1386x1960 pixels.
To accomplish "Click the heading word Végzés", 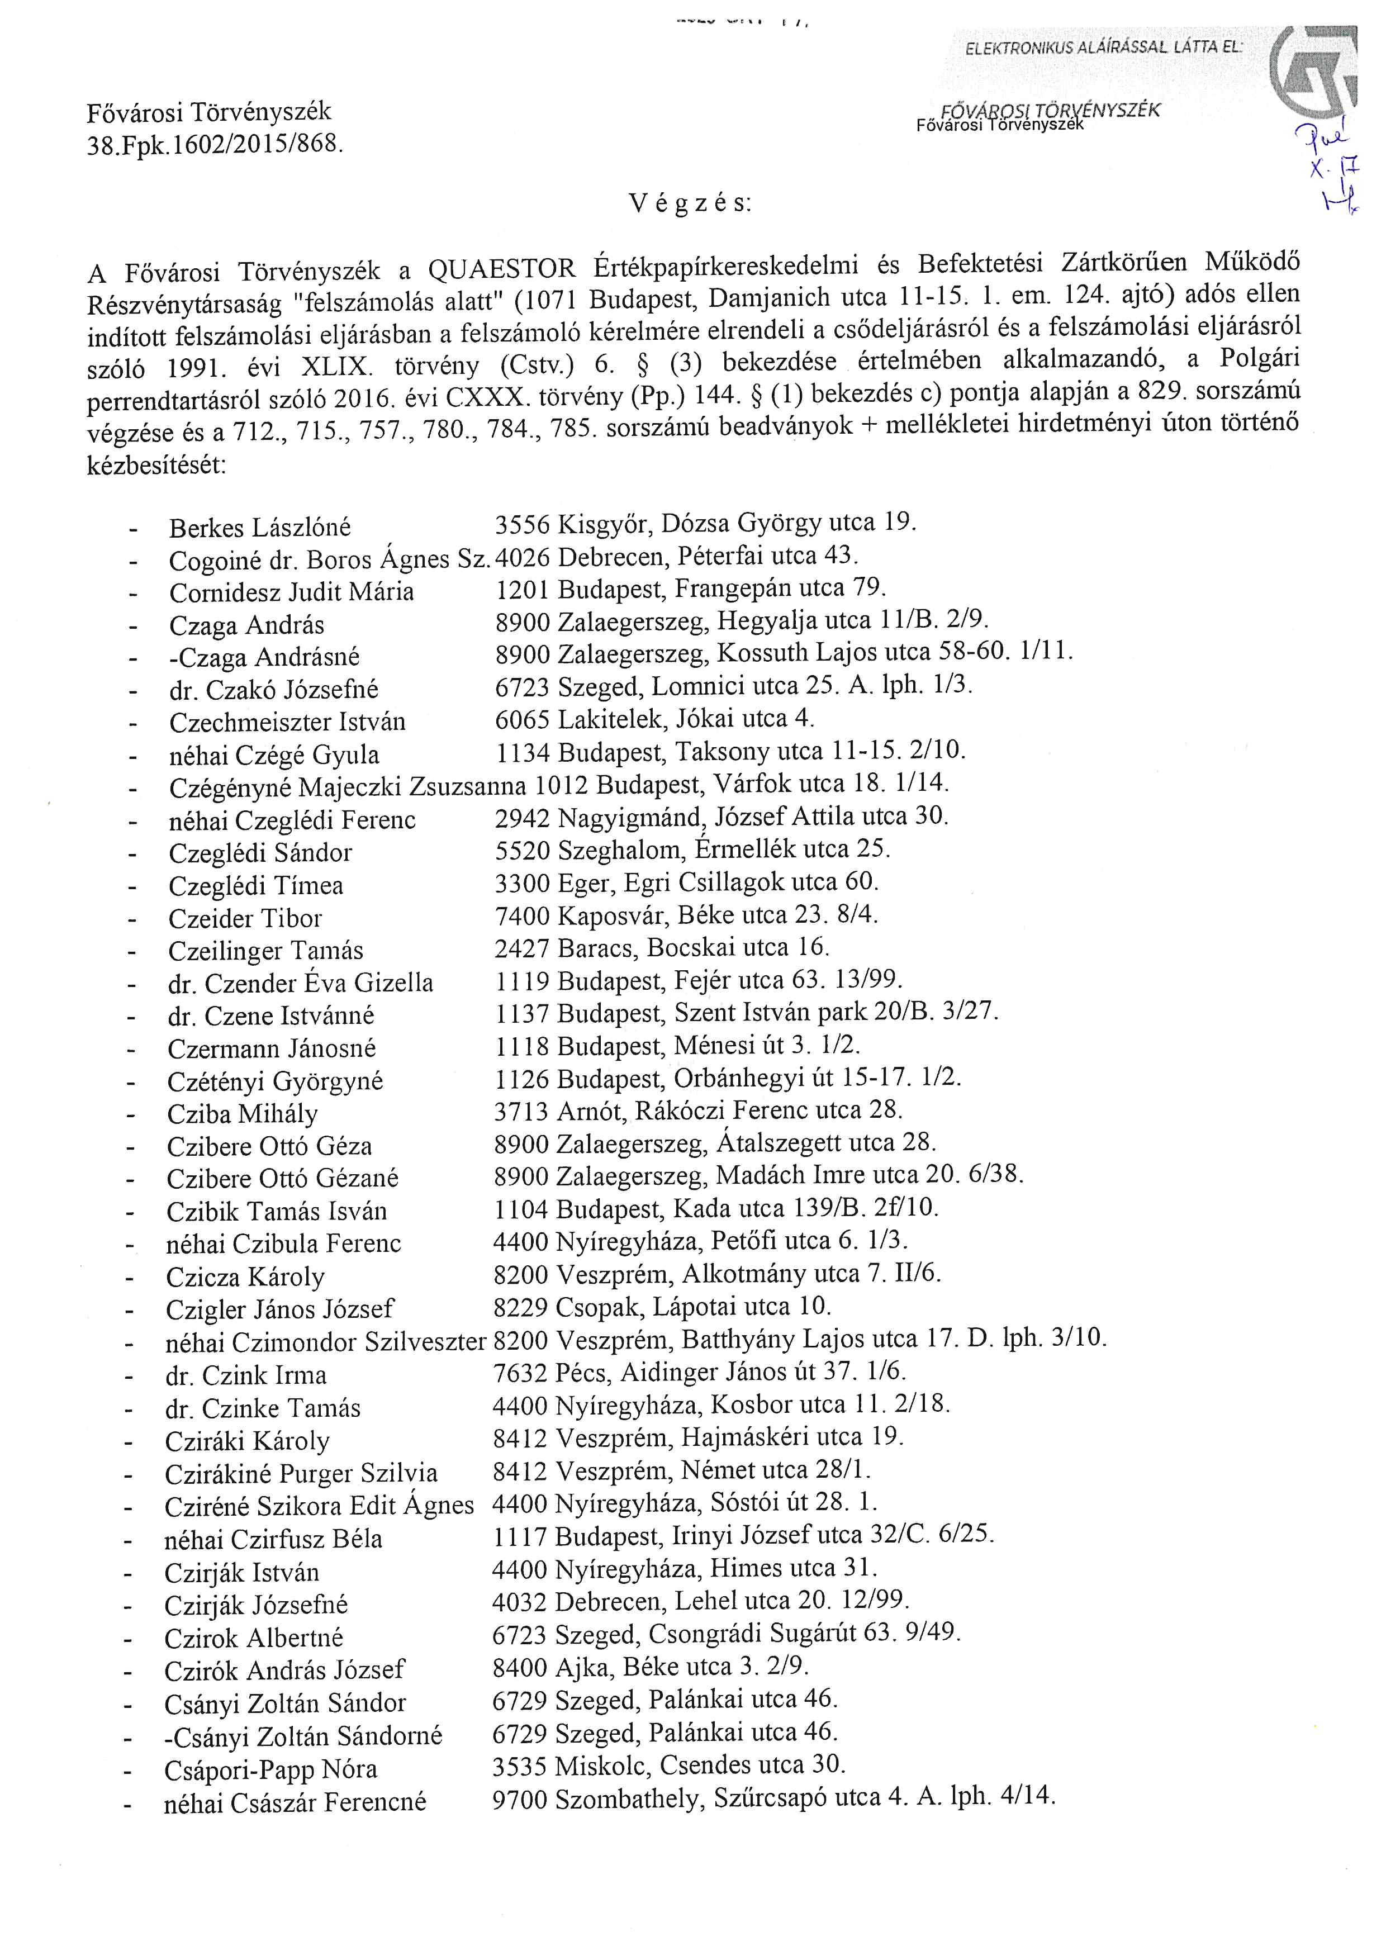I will tap(690, 203).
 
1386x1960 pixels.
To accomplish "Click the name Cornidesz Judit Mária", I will tap(291, 592).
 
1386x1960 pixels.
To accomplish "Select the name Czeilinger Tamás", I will tap(265, 951).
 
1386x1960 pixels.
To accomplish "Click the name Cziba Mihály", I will tap(243, 1114).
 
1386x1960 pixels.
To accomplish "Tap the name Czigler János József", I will tap(280, 1309).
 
